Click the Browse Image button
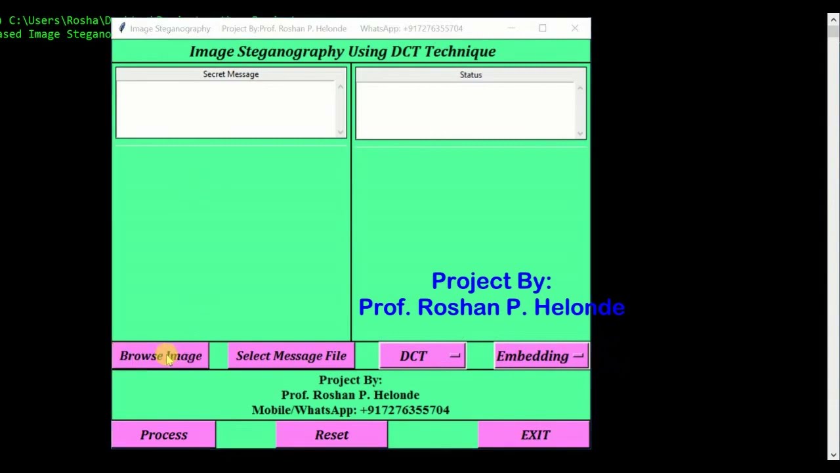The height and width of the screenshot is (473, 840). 161,356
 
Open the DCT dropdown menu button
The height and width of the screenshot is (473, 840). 423,356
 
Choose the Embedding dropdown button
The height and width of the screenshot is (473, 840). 541,356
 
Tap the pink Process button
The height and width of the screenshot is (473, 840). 163,435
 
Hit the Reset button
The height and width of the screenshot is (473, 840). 331,435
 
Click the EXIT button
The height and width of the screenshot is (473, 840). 535,435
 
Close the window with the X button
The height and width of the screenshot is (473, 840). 575,28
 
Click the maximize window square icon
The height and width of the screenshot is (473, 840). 543,28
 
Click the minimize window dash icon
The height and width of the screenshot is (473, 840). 511,28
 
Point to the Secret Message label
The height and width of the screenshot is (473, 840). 230,74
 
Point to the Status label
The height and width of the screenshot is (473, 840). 471,75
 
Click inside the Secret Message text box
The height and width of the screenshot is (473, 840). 226,109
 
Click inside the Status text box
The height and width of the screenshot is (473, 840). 467,110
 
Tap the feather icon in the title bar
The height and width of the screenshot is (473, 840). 121,28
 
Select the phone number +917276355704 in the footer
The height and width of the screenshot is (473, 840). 404,410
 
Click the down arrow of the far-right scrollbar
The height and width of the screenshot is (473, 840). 833,455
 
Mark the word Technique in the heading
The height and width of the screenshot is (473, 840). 459,51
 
